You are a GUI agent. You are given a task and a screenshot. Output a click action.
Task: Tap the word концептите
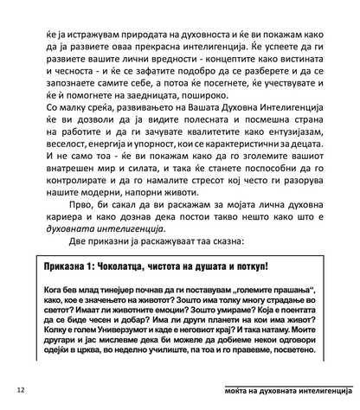(203, 47)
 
